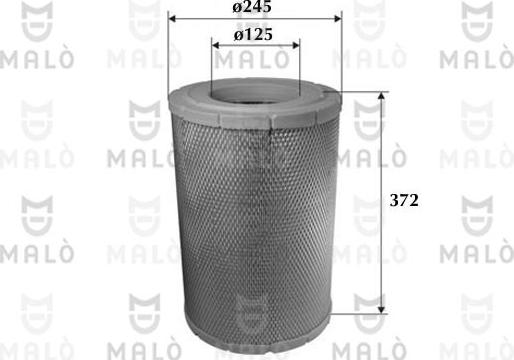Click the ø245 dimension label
[x=254, y=8]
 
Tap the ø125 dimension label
[x=254, y=32]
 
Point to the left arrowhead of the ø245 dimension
[x=174, y=19]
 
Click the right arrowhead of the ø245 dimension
[x=337, y=19]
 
